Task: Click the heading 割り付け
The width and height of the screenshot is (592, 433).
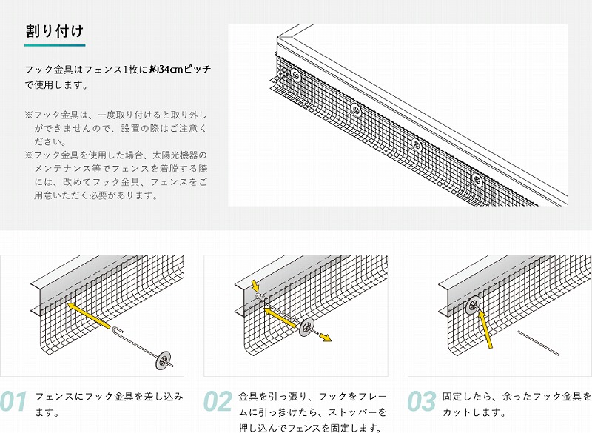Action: coord(54,31)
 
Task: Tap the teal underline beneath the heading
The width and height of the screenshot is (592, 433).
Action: coord(54,46)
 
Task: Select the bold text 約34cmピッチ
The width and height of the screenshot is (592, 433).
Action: coord(180,70)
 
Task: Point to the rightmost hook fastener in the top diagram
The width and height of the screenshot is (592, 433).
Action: coord(477,178)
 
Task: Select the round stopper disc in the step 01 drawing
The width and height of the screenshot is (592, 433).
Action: coord(161,360)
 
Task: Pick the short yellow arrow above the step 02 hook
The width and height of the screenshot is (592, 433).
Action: coord(255,286)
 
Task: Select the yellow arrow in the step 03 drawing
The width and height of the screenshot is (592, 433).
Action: coord(485,329)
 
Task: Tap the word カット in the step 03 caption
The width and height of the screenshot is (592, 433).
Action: coord(455,412)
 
